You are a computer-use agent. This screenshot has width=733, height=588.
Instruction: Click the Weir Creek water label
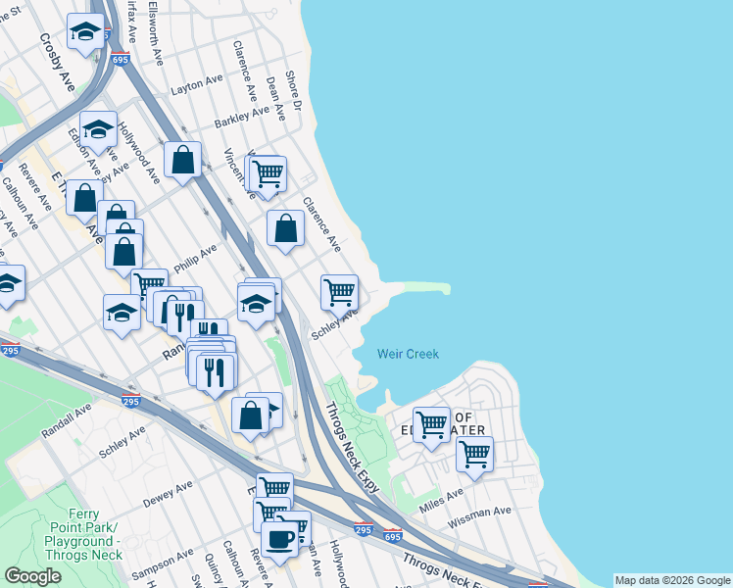[409, 354]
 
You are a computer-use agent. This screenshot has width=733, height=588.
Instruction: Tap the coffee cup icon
[279, 538]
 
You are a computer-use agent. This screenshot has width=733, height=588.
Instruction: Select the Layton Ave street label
[197, 85]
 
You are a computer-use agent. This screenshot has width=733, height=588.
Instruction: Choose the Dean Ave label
[275, 98]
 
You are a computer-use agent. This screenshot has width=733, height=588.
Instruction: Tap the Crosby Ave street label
[57, 61]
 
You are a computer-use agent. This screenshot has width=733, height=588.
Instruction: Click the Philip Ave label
[195, 260]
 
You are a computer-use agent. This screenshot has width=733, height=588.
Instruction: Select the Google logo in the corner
[32, 576]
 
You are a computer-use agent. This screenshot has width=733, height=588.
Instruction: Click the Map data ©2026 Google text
[672, 580]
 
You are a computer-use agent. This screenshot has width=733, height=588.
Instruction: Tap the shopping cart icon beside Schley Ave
[339, 290]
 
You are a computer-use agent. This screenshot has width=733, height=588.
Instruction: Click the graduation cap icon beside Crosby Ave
[86, 31]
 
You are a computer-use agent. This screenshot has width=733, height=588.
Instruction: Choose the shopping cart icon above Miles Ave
[430, 423]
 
